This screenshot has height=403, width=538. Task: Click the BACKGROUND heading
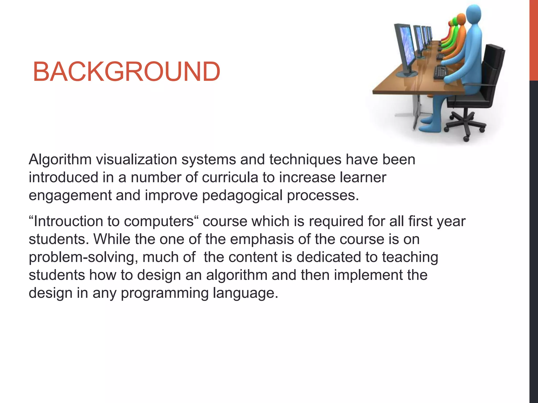point(126,71)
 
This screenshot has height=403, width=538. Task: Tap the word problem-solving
point(83,257)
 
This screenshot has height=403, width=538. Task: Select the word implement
point(368,275)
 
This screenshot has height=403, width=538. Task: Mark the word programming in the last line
point(165,293)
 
